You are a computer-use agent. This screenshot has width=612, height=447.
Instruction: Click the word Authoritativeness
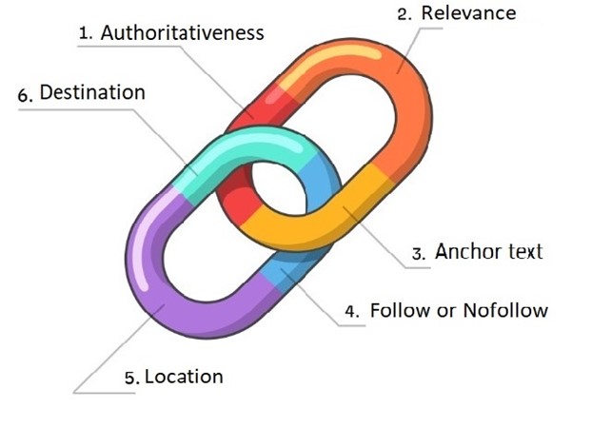[183, 32]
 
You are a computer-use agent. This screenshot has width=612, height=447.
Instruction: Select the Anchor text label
[488, 252]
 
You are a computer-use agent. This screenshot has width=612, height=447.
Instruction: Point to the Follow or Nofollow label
[459, 310]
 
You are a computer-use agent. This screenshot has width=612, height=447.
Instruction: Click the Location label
[184, 377]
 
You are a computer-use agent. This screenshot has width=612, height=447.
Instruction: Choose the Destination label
[92, 92]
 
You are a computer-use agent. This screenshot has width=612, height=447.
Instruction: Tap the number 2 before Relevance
[404, 14]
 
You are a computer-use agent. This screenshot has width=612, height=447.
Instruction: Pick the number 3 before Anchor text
[418, 254]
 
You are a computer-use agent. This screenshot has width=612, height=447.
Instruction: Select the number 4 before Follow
[352, 311]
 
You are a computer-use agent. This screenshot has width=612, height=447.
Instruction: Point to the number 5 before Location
[131, 379]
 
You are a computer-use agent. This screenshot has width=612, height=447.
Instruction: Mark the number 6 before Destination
[25, 94]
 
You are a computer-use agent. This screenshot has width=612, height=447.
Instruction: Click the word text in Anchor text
[522, 252]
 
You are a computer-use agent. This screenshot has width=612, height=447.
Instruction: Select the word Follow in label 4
[399, 310]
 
